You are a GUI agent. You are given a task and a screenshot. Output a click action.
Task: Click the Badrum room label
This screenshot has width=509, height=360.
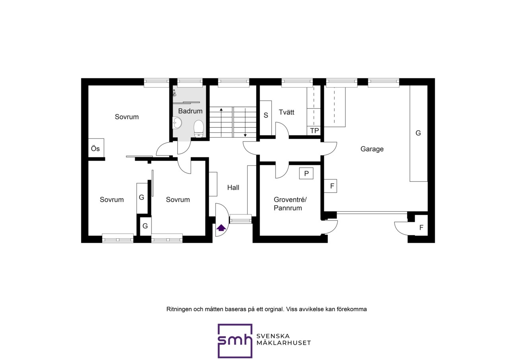point(190,111)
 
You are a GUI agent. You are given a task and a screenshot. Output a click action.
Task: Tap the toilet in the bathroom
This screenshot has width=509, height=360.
point(198,129)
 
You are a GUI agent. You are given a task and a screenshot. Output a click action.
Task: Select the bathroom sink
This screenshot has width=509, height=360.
point(177,123)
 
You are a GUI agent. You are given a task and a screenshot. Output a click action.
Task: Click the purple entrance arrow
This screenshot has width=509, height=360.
point(221,228)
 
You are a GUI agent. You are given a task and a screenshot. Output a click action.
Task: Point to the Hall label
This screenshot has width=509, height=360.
point(233,187)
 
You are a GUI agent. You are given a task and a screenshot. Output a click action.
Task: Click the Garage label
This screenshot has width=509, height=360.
point(372,149)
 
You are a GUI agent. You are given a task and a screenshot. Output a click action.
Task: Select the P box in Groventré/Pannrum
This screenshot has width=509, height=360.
point(306,173)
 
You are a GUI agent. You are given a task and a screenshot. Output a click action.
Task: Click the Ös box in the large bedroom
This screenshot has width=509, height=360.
point(96,148)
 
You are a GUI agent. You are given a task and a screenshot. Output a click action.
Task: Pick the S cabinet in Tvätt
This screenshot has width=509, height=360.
point(266,118)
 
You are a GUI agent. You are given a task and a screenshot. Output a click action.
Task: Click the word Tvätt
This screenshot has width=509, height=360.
point(287,112)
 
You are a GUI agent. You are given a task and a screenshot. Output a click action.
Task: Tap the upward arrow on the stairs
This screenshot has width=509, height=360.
point(221,122)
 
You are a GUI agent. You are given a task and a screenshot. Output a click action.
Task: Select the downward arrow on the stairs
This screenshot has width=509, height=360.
point(245,123)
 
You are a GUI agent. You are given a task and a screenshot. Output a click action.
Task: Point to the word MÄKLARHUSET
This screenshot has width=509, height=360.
point(284,343)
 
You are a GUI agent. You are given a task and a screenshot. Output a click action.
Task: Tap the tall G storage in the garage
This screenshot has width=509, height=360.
point(419,133)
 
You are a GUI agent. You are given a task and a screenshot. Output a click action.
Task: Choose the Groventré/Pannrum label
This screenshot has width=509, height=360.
point(290,204)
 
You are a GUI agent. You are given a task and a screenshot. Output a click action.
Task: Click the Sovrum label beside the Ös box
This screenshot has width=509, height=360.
point(126,117)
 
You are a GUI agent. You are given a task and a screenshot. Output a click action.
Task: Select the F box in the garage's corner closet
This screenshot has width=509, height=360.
point(421,227)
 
